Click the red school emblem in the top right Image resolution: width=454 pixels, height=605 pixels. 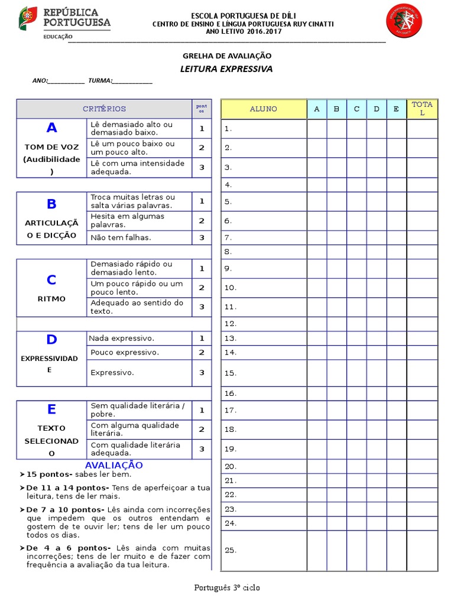pyautogui.click(x=404, y=21)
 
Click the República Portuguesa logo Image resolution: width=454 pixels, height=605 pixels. pyautogui.click(x=64, y=22)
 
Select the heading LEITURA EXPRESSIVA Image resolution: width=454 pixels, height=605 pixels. pyautogui.click(x=226, y=69)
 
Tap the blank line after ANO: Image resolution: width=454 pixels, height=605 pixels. pyautogui.click(x=66, y=81)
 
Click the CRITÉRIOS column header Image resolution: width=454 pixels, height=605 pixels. pyautogui.click(x=104, y=109)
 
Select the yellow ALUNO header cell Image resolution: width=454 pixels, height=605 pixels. pyautogui.click(x=263, y=109)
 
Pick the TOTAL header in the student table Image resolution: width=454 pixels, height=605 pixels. pyautogui.click(x=422, y=109)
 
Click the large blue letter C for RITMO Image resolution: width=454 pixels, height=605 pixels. pyautogui.click(x=51, y=280)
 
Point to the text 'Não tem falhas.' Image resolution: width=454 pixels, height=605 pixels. pyautogui.click(x=121, y=238)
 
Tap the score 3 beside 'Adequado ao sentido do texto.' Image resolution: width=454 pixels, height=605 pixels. pyautogui.click(x=202, y=307)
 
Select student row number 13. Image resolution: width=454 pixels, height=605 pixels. pyautogui.click(x=231, y=339)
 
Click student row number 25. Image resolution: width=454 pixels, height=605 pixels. pyautogui.click(x=231, y=550)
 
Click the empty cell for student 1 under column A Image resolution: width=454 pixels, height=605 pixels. pyautogui.click(x=316, y=128)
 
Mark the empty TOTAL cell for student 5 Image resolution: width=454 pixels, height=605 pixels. pyautogui.click(x=422, y=201)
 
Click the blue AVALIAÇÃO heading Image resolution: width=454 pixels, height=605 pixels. pyautogui.click(x=113, y=466)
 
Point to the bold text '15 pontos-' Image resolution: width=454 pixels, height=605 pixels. pyautogui.click(x=49, y=474)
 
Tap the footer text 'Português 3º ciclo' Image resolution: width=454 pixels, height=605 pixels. pyautogui.click(x=227, y=588)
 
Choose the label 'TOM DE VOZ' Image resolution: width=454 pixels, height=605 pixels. pyautogui.click(x=51, y=147)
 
